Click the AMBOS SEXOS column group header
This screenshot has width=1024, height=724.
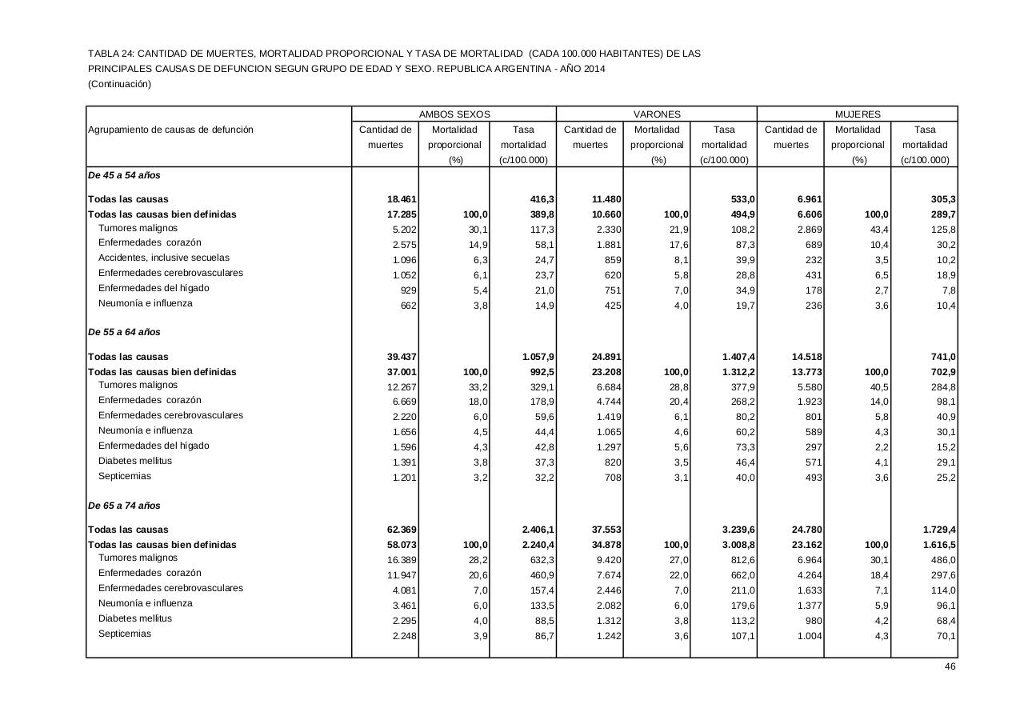click(454, 114)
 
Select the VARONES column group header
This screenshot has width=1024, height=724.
click(657, 114)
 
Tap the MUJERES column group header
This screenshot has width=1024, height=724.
click(857, 114)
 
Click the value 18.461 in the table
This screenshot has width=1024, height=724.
click(401, 199)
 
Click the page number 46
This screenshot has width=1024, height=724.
click(950, 666)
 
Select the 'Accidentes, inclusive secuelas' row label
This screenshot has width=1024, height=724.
click(164, 258)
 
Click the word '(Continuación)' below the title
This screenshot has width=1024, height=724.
click(119, 84)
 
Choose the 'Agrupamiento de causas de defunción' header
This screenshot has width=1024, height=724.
click(170, 130)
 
